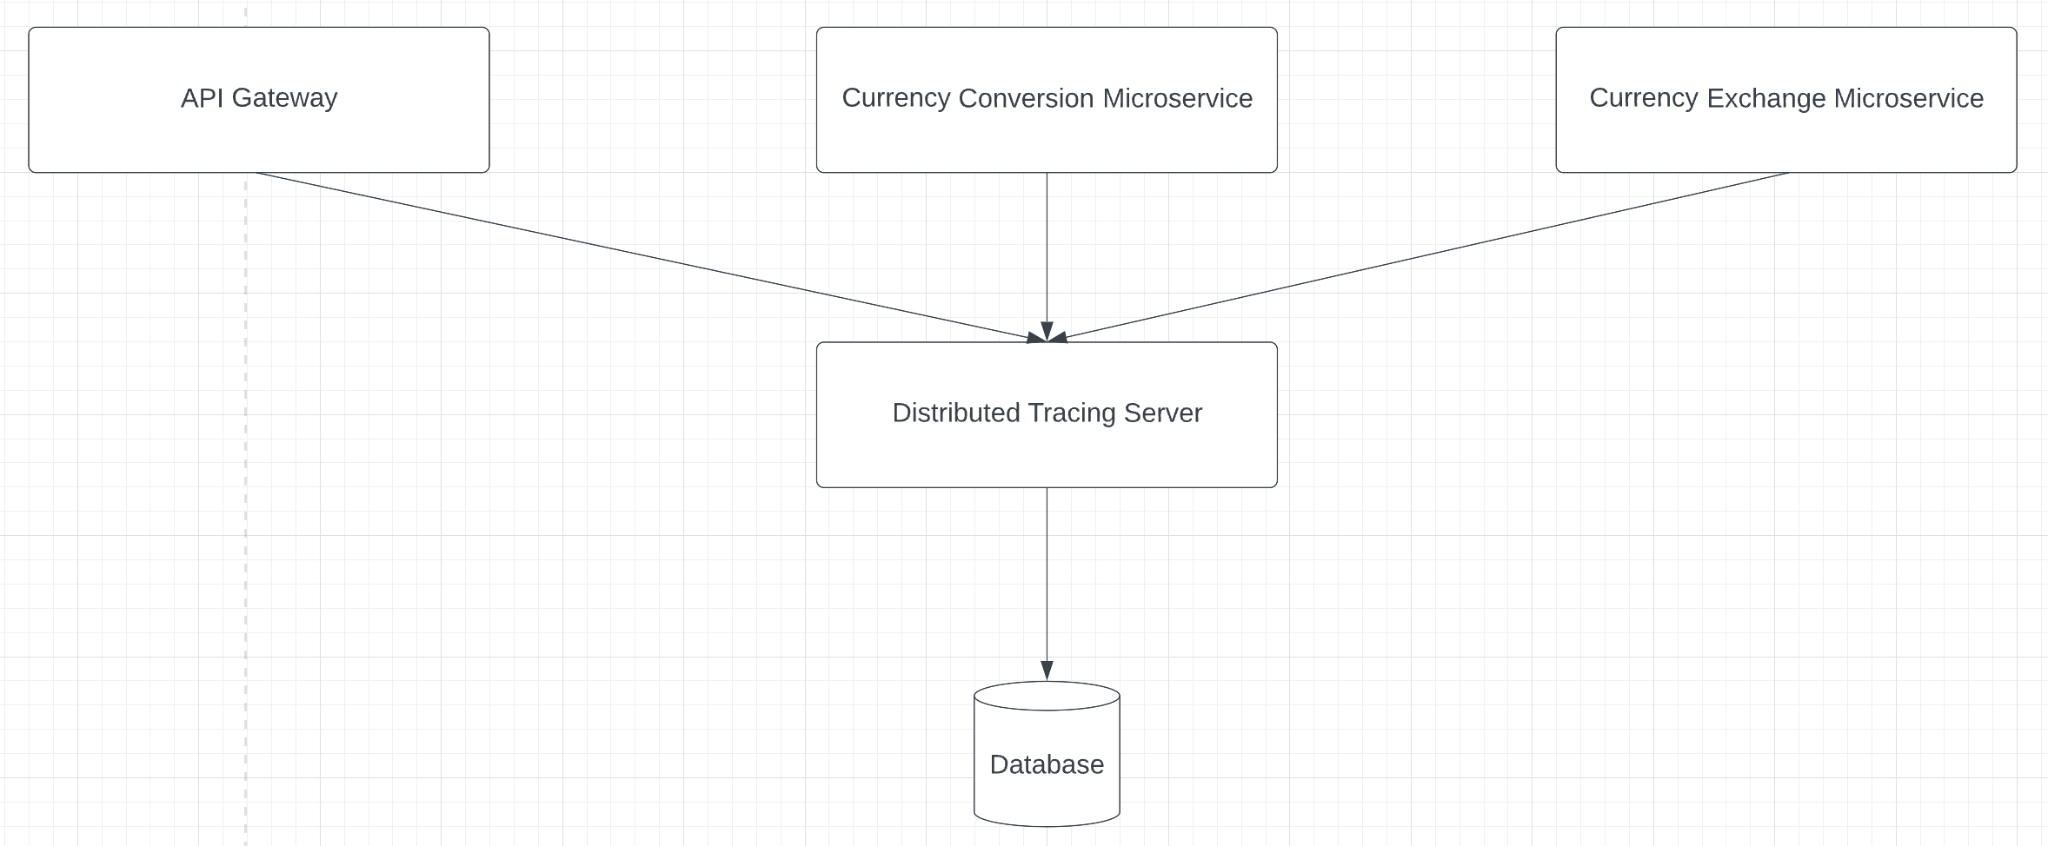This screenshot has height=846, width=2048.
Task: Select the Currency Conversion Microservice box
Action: (x=1047, y=139)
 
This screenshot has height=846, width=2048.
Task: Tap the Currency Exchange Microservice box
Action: (x=1785, y=139)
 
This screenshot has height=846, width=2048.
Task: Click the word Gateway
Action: (x=284, y=98)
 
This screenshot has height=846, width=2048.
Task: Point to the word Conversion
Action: (x=1026, y=98)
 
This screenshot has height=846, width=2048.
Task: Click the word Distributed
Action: (x=955, y=413)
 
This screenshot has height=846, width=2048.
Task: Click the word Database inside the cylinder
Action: (x=1047, y=764)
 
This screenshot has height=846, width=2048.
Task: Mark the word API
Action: (x=202, y=98)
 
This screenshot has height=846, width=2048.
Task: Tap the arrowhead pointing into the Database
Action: (x=1047, y=671)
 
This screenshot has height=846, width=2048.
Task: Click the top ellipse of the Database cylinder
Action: (x=1047, y=696)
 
